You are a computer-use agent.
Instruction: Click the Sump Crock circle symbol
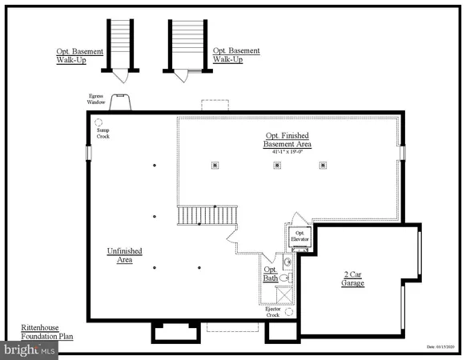(100, 123)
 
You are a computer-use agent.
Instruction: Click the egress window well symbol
(123, 102)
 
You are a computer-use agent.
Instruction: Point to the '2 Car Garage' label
(353, 278)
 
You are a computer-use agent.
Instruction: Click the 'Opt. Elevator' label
(299, 237)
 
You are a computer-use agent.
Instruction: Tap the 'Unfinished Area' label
(125, 255)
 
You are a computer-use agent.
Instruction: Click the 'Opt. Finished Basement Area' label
(288, 139)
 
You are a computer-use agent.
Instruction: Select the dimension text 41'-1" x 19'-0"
(288, 152)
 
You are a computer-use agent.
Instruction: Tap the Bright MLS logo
(30, 349)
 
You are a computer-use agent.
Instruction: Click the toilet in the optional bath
(290, 278)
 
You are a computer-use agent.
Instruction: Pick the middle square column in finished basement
(277, 166)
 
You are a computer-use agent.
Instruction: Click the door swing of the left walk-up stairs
(120, 76)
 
